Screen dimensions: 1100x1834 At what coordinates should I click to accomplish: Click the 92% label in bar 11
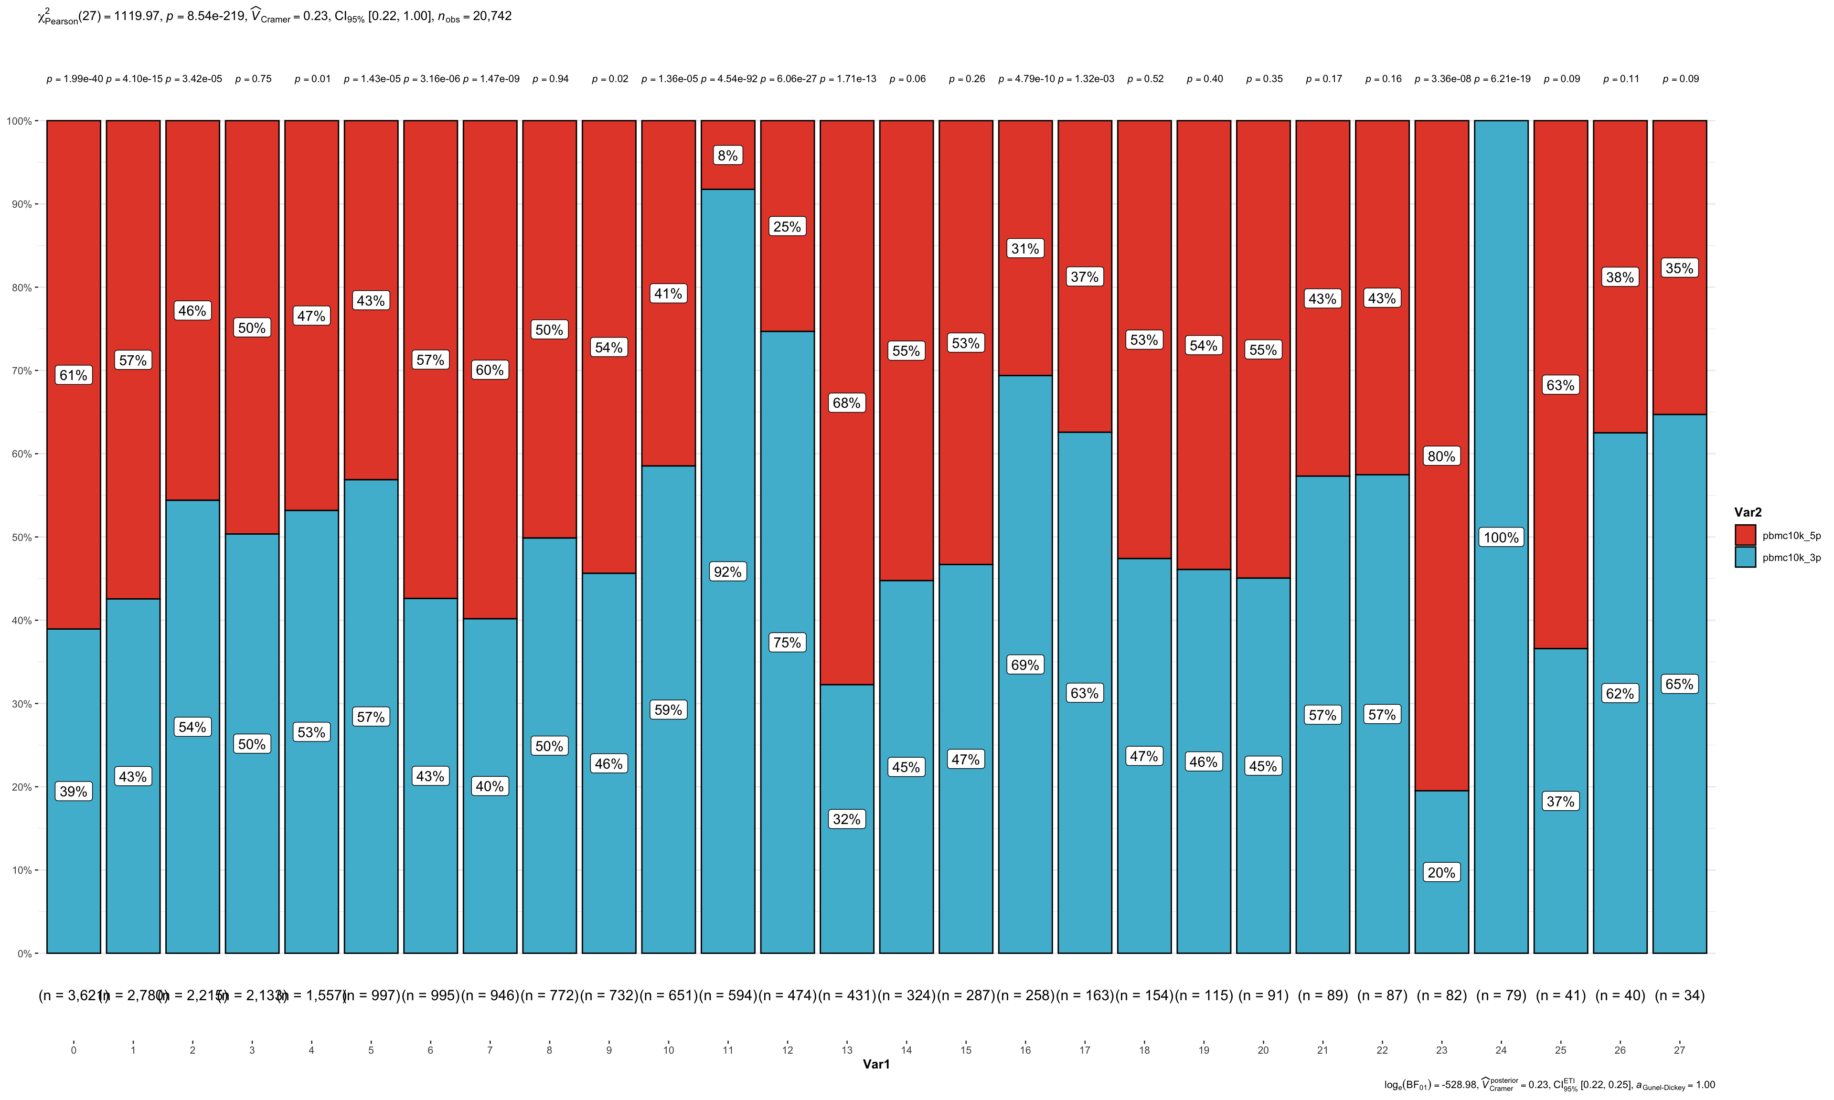click(x=727, y=571)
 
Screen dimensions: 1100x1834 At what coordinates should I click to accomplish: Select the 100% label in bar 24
click(x=1501, y=538)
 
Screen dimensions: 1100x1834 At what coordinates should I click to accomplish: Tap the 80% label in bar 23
click(x=1441, y=456)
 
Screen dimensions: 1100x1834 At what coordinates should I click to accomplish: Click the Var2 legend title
click(x=1747, y=512)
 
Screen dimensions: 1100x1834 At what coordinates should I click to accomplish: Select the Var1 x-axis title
click(x=875, y=1064)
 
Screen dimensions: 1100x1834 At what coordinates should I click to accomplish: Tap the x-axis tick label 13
click(x=847, y=1049)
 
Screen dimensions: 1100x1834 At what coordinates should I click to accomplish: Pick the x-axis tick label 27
click(x=1679, y=1049)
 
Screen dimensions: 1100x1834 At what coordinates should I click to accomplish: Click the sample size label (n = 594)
click(x=728, y=995)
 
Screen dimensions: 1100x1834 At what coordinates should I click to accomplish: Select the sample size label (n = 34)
click(x=1679, y=995)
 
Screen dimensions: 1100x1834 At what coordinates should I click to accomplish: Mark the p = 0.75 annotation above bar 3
click(x=253, y=79)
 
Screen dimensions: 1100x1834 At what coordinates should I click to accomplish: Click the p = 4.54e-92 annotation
click(x=729, y=79)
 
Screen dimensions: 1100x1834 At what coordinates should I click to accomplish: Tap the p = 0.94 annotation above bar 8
click(x=550, y=79)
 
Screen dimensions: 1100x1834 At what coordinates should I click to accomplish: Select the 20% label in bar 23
click(x=1441, y=872)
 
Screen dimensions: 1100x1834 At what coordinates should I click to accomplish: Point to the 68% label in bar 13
click(x=847, y=402)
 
